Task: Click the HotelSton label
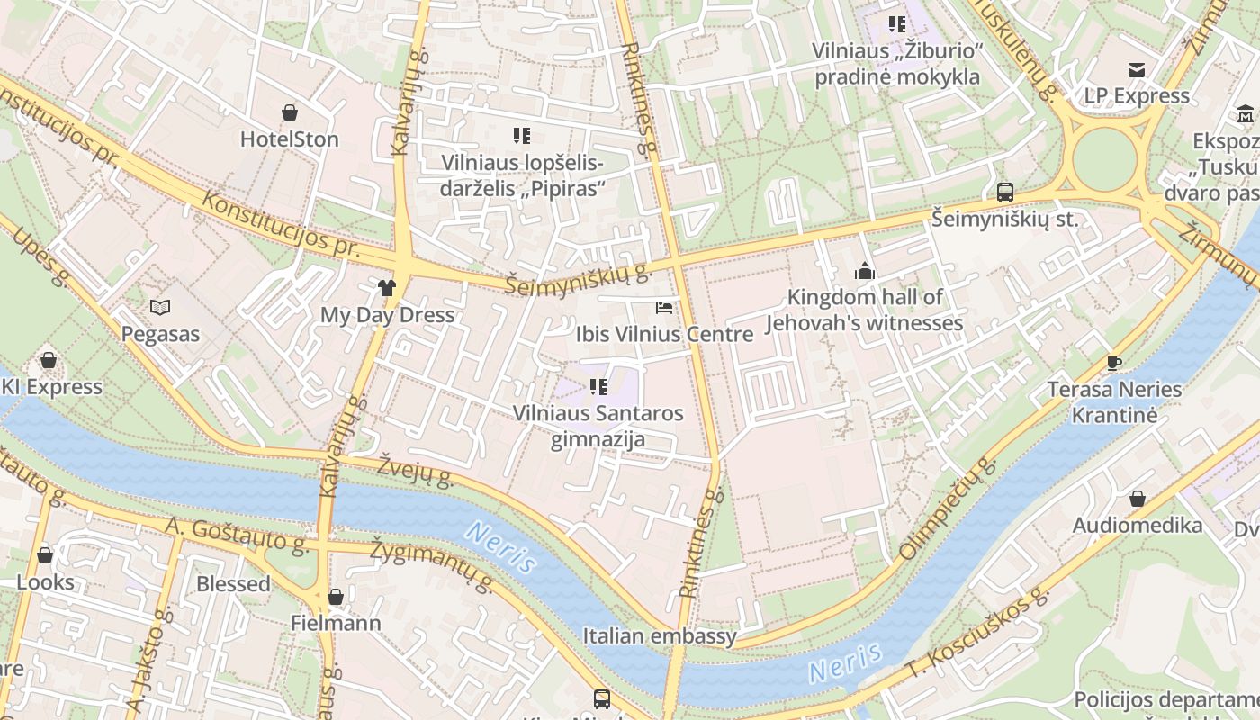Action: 289,139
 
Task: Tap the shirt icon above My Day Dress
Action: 387,288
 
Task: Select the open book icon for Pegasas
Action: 160,308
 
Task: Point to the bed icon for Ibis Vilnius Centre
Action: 664,308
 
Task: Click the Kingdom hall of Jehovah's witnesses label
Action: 864,310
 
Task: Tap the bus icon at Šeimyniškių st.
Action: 1005,192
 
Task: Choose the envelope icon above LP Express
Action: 1137,70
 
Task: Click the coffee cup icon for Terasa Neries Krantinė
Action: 1114,364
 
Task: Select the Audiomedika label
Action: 1138,526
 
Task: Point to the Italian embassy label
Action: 660,636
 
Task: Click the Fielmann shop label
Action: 336,623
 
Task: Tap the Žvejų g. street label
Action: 415,470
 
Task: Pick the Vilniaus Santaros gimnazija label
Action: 598,427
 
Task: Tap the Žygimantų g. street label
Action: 433,567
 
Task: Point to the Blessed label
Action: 233,584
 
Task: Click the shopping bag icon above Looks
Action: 45,555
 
